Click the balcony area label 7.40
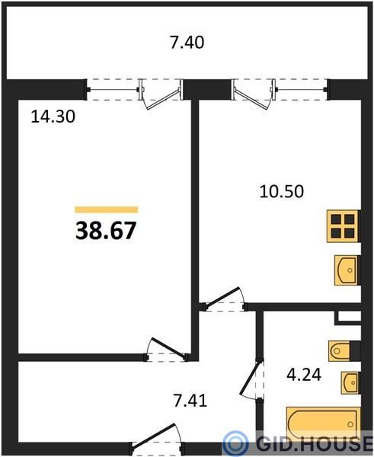[x=187, y=43]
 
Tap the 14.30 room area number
[x=53, y=117]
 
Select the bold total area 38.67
[x=106, y=230]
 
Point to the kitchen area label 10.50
[x=282, y=191]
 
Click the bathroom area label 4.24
[x=304, y=375]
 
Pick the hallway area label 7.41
[x=190, y=400]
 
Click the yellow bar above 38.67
[x=107, y=209]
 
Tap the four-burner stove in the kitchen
[x=343, y=226]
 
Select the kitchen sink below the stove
[x=346, y=270]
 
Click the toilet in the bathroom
[x=339, y=351]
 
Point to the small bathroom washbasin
[x=350, y=382]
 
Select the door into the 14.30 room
[x=167, y=350]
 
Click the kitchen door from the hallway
[x=225, y=299]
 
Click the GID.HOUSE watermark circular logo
[x=235, y=443]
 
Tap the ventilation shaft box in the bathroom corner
[x=348, y=318]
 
